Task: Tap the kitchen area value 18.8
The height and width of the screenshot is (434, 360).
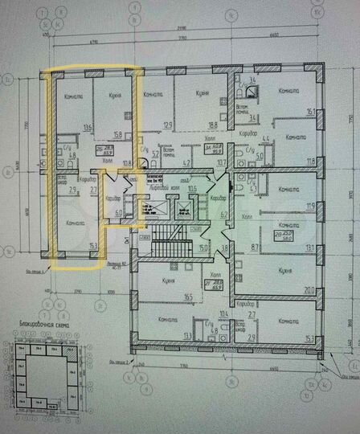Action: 215,125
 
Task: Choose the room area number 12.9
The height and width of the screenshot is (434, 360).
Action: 168,125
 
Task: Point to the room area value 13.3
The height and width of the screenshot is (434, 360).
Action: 189,335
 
